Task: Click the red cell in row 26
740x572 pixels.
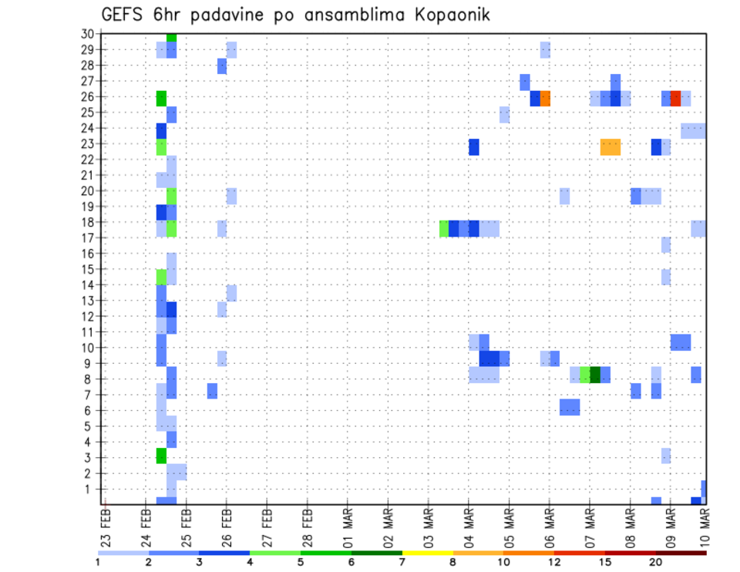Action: [x=675, y=98]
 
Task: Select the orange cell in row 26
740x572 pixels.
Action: [x=545, y=98]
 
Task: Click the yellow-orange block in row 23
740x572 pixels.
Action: [x=610, y=146]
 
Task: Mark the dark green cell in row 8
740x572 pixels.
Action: [x=595, y=374]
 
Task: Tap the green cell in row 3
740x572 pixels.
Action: [x=161, y=456]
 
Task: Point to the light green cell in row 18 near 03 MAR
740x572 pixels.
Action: [x=444, y=228]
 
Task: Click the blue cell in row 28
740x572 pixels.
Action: [x=222, y=66]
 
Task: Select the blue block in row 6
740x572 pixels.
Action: [x=570, y=406]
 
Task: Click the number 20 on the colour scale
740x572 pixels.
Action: [x=655, y=562]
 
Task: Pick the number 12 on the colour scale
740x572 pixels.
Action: [x=554, y=562]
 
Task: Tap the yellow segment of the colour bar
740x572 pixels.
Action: [x=427, y=553]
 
